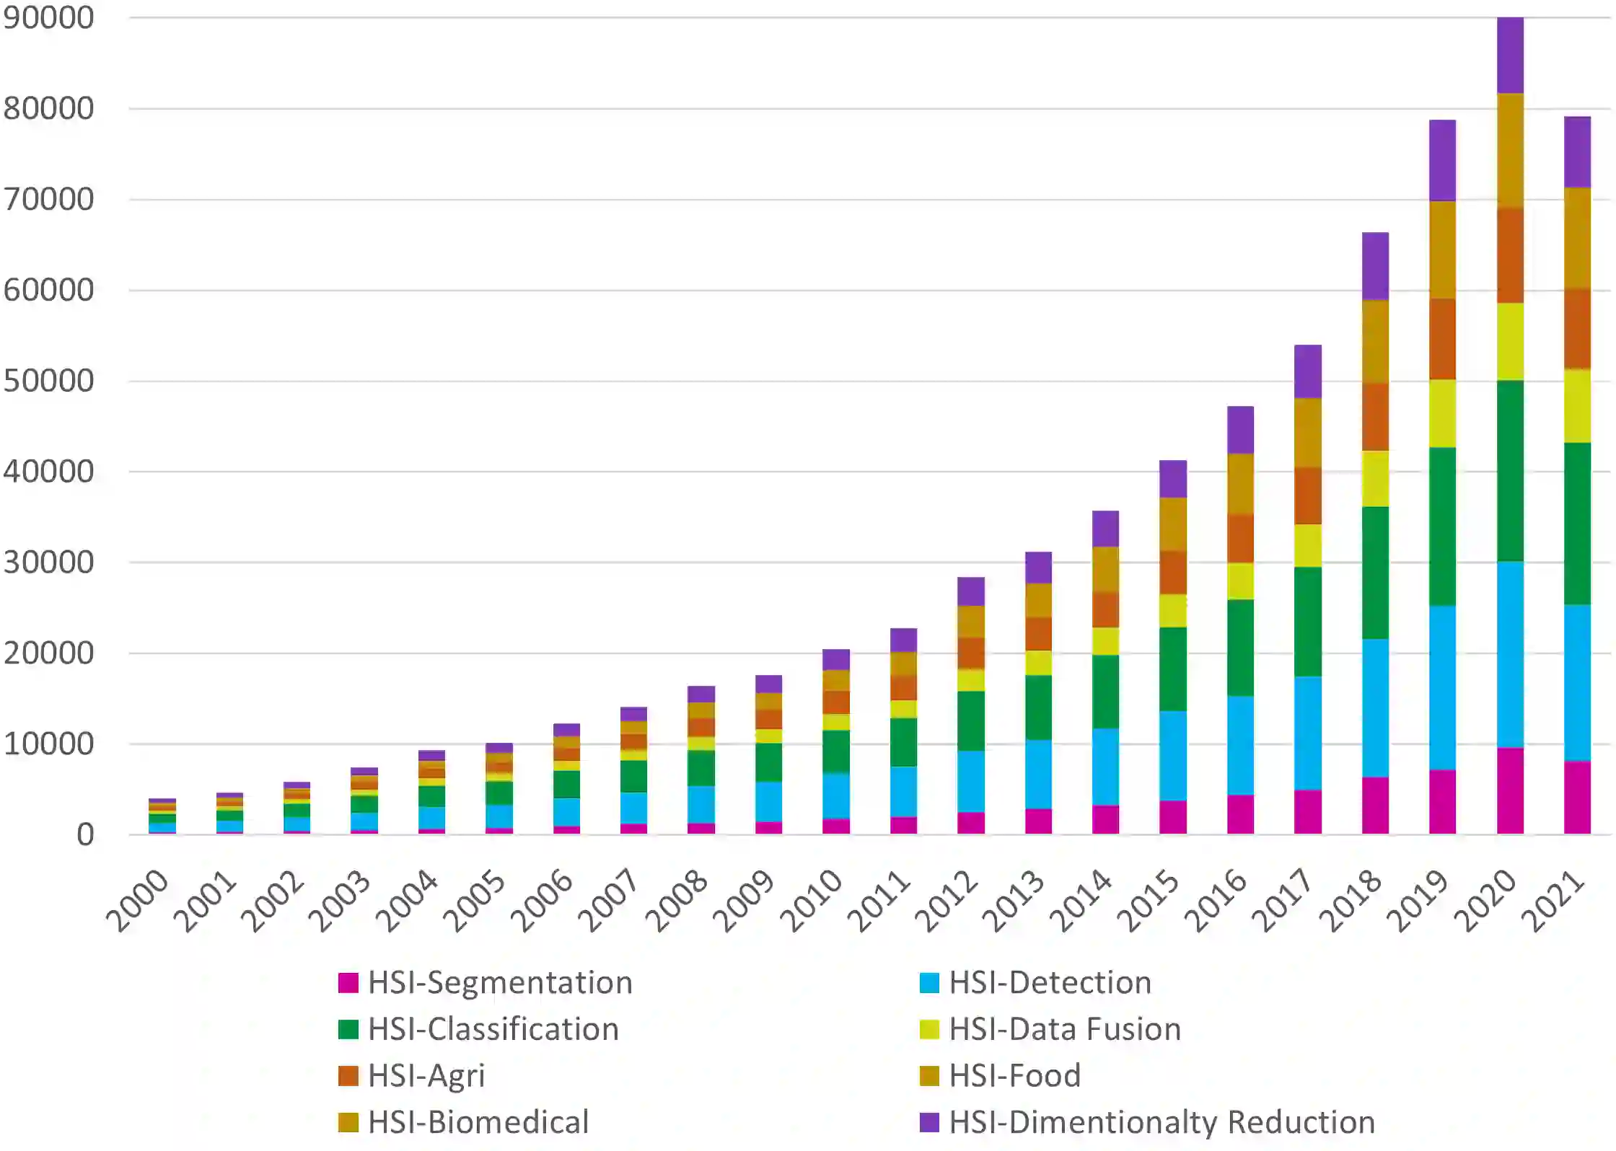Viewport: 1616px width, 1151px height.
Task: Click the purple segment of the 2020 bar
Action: coord(1510,55)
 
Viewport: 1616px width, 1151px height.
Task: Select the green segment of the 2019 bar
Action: coord(1442,526)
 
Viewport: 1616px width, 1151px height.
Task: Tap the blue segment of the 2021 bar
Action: coord(1577,682)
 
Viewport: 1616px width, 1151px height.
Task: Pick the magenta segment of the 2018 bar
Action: coord(1375,805)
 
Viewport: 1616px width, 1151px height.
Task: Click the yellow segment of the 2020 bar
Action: coord(1510,341)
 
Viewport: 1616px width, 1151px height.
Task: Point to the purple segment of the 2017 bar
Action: coord(1308,371)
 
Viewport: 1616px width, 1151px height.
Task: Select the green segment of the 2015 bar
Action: coord(1173,669)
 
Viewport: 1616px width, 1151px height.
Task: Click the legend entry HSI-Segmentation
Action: coord(500,982)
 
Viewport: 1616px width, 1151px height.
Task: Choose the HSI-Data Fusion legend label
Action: coord(1065,1029)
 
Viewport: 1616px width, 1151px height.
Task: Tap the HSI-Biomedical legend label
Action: coord(478,1122)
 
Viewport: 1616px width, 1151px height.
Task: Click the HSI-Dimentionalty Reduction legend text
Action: coord(1161,1122)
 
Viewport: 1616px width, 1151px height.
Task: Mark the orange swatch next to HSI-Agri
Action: coord(348,1076)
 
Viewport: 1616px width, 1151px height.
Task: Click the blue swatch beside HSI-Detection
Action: coord(929,982)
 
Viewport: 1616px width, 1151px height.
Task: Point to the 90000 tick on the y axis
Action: coord(49,18)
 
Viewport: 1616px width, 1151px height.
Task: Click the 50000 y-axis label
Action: coord(49,381)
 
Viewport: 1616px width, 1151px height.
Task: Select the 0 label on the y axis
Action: coord(85,834)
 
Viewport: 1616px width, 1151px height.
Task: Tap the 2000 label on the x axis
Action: coord(137,901)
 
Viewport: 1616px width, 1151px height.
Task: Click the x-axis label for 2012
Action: coord(946,901)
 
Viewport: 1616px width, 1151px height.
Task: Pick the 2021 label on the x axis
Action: coord(1553,901)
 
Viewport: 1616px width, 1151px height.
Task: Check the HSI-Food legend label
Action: coord(1014,1076)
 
